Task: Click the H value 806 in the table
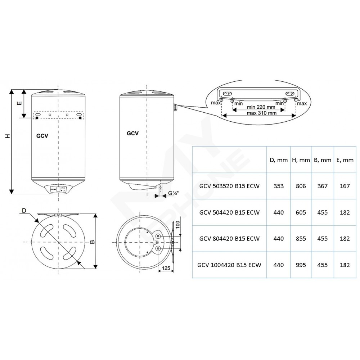click(301, 186)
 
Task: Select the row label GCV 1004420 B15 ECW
click(229, 265)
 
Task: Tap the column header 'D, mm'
click(279, 160)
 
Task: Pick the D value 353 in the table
click(279, 186)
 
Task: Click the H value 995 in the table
click(301, 265)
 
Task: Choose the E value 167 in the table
click(345, 186)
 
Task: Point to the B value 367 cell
click(322, 186)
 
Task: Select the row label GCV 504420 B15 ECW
click(229, 212)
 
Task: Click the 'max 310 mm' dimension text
click(261, 113)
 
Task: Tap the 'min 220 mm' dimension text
click(261, 107)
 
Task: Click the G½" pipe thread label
click(174, 193)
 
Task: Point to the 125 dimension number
click(166, 268)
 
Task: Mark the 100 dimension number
click(178, 225)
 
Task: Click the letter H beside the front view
click(8, 136)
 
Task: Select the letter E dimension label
click(19, 103)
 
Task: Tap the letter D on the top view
click(24, 211)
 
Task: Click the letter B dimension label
click(92, 242)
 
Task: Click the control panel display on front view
click(58, 189)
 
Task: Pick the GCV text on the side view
click(132, 134)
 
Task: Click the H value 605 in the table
click(301, 212)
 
